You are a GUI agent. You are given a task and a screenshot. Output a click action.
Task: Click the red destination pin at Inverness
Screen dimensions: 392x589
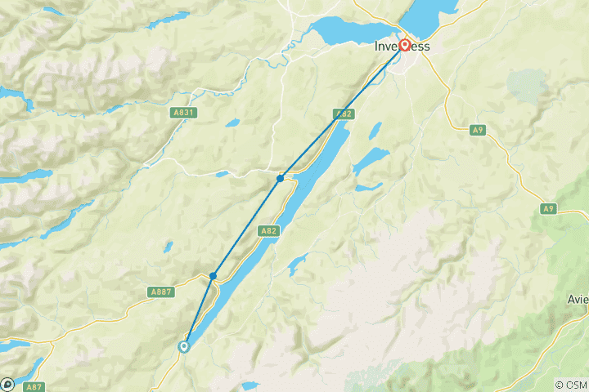point(404,45)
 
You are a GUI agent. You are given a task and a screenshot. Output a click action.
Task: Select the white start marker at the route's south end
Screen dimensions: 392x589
point(184,346)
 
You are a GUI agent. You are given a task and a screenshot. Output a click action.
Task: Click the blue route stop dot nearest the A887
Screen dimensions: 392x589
point(213,276)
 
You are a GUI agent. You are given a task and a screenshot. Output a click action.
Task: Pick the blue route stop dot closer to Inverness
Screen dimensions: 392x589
point(280,178)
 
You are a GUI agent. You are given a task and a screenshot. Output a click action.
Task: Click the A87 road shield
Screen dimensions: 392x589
point(34,386)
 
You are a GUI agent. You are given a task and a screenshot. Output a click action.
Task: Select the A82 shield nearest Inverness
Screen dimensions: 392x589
point(343,114)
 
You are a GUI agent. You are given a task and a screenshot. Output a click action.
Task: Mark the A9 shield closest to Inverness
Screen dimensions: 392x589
point(479,129)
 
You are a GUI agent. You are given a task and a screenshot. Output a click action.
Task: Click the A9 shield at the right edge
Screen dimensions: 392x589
point(548,209)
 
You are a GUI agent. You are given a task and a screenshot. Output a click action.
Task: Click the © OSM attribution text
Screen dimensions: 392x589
point(570,385)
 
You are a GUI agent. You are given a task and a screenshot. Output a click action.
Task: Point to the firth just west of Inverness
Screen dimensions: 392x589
point(344,33)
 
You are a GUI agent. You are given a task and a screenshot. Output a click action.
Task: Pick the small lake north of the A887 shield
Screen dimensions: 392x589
point(168,246)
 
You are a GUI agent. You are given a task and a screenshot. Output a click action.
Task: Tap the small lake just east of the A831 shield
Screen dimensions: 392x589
point(232,123)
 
